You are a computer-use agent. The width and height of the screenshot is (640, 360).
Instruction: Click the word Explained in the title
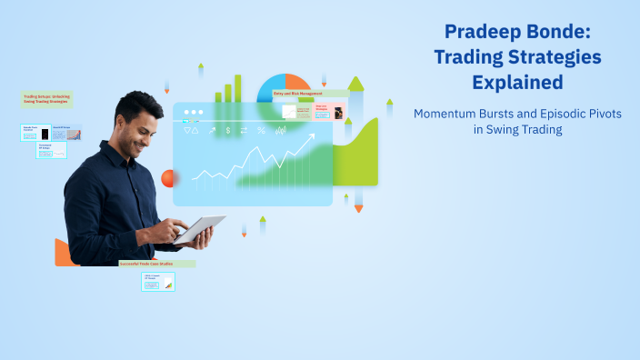coord(516,83)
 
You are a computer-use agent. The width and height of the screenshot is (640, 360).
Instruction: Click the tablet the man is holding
coord(199,229)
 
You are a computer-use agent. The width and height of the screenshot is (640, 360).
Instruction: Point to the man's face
coord(143,122)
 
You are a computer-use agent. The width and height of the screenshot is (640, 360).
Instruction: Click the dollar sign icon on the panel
coord(228,131)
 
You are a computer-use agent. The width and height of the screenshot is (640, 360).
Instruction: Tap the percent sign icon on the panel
coord(262,131)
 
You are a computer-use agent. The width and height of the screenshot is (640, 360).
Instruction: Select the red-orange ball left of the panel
coord(167,178)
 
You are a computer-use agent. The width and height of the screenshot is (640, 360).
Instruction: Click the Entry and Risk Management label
coord(310,93)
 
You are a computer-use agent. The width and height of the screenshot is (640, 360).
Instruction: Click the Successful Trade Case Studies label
coord(156,264)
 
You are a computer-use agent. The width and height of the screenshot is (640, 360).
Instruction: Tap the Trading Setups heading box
coord(48,99)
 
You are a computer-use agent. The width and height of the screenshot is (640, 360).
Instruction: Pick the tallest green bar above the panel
coord(238,88)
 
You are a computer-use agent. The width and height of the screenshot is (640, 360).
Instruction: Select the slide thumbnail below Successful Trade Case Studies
coord(157,282)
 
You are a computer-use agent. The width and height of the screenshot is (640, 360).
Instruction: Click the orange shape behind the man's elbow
coord(62,253)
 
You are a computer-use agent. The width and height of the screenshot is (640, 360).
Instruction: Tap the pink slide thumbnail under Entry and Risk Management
coord(328,112)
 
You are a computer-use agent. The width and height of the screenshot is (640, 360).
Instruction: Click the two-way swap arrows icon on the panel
coord(245,131)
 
